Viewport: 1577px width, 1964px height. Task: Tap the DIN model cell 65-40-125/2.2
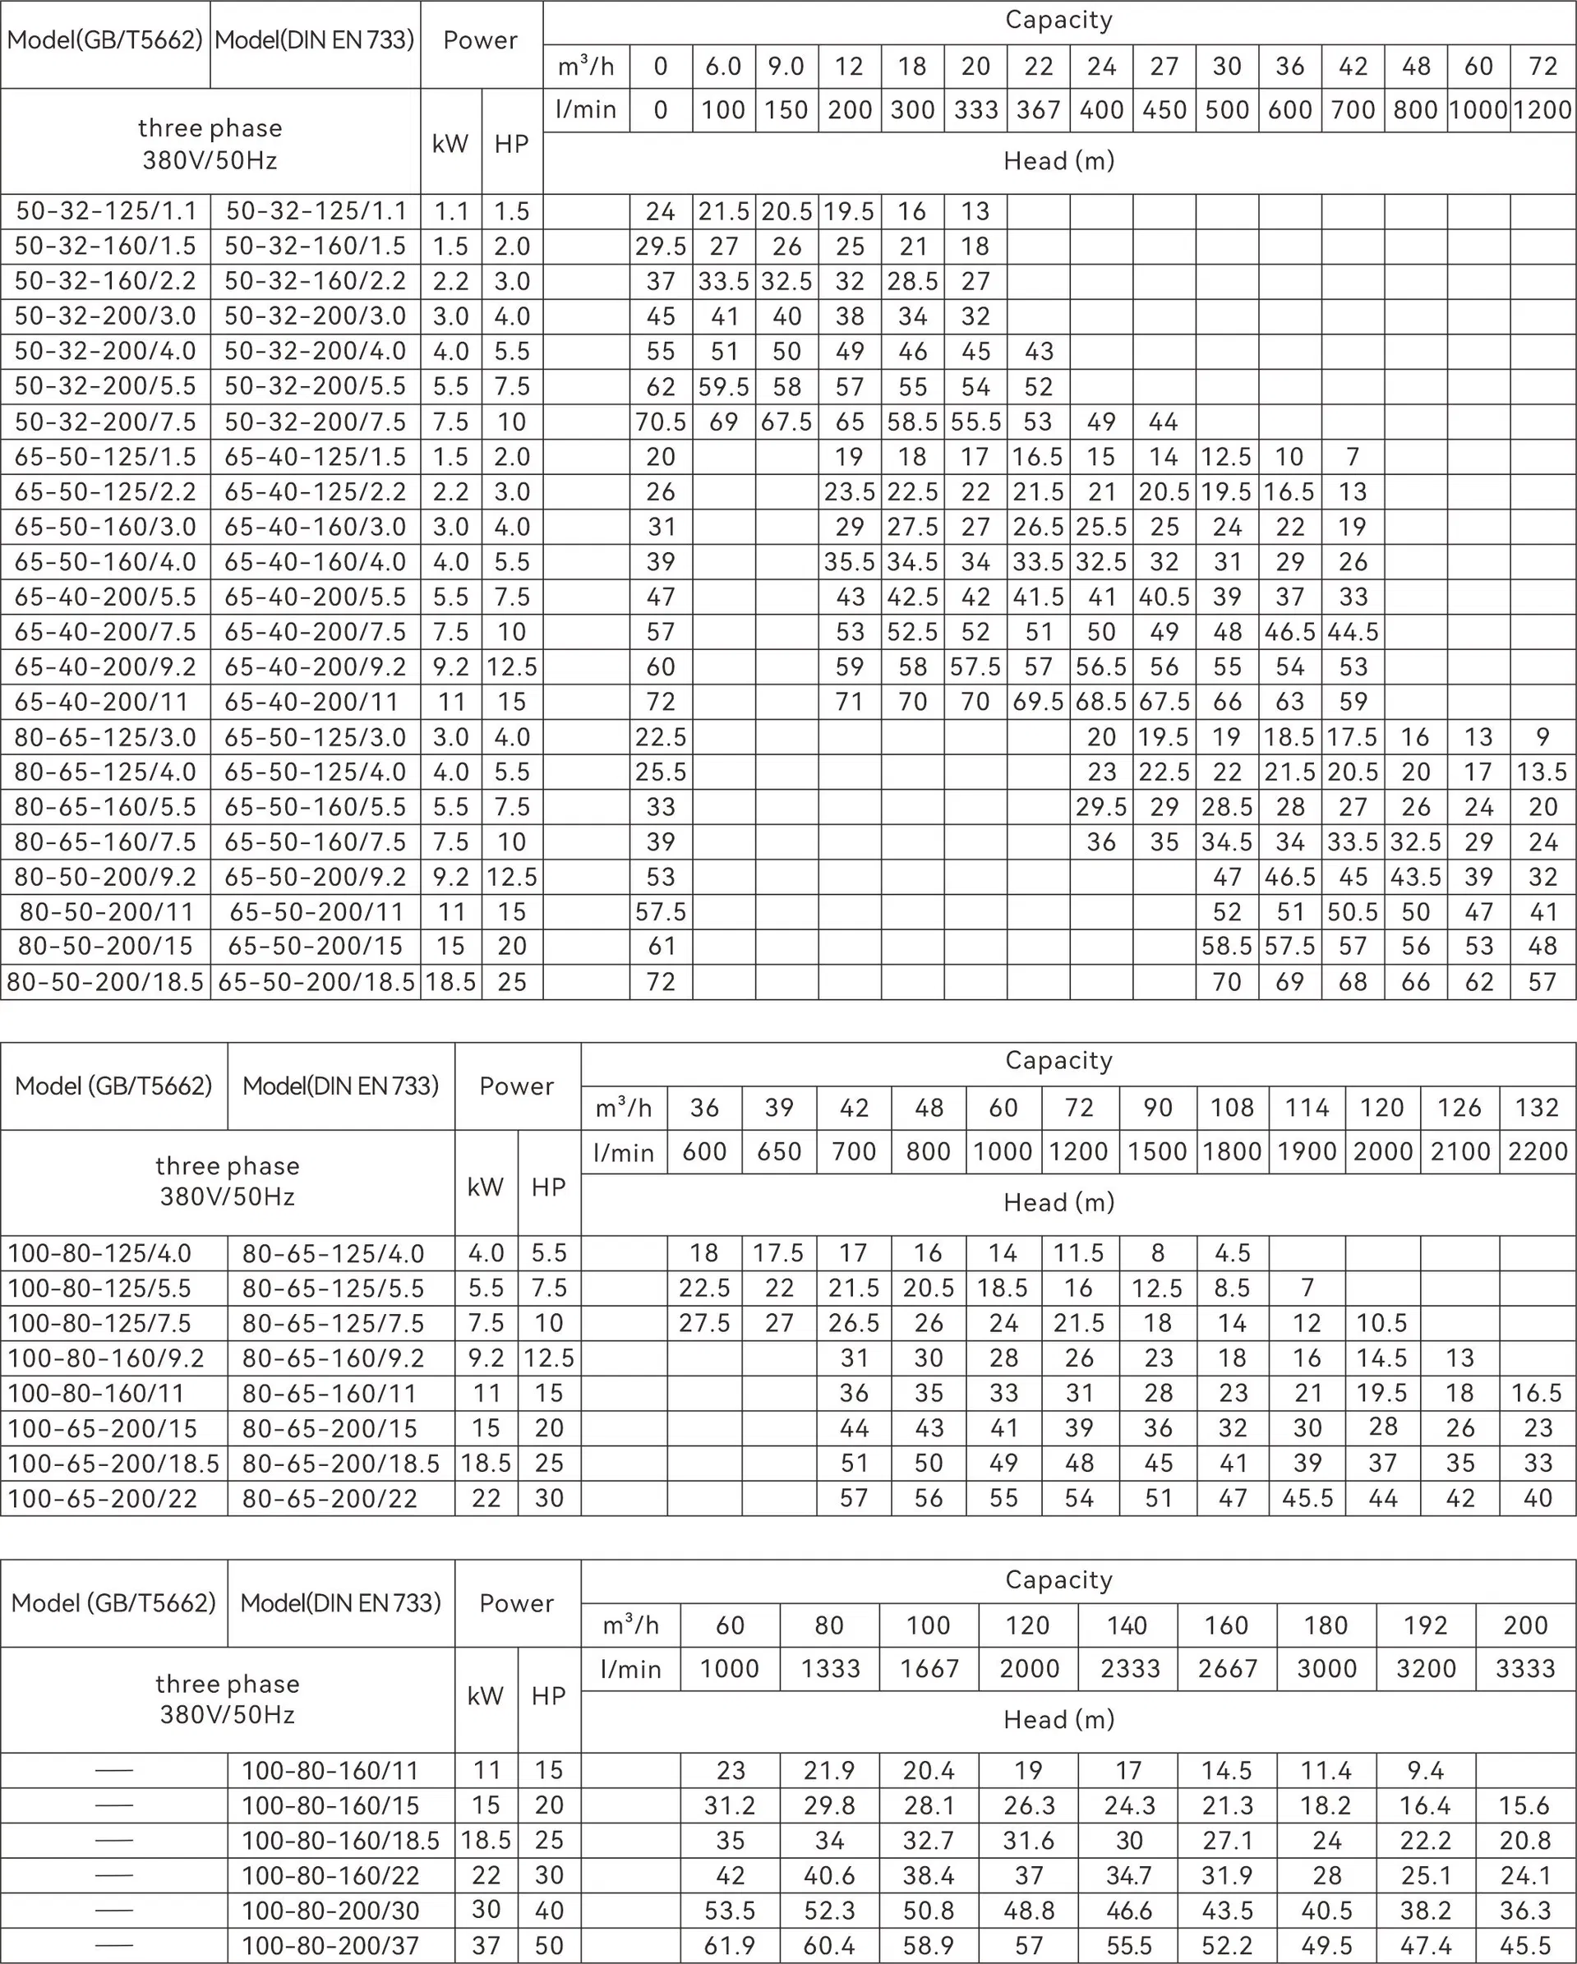tap(316, 492)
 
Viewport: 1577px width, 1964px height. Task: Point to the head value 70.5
tap(661, 422)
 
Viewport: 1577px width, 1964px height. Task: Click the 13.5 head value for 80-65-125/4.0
tap(1542, 772)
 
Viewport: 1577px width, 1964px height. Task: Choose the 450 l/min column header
tap(1164, 110)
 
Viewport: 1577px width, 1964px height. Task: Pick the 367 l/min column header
tap(1039, 110)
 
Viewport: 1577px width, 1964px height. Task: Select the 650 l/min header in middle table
tap(779, 1151)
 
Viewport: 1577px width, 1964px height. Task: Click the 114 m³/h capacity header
tap(1307, 1108)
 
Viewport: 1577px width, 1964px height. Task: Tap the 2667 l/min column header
tap(1227, 1669)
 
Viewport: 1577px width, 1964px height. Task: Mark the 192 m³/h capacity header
tap(1426, 1625)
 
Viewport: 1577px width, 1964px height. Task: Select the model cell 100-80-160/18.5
tap(341, 1841)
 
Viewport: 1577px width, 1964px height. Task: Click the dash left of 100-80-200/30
tap(114, 1911)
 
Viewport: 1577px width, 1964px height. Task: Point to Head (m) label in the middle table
tap(1058, 1202)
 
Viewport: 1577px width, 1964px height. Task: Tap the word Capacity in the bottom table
tap(1058, 1579)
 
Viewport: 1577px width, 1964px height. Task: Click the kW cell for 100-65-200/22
tap(486, 1499)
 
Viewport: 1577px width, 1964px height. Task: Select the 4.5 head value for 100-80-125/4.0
tap(1232, 1253)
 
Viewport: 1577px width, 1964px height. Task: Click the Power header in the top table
tap(480, 41)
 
